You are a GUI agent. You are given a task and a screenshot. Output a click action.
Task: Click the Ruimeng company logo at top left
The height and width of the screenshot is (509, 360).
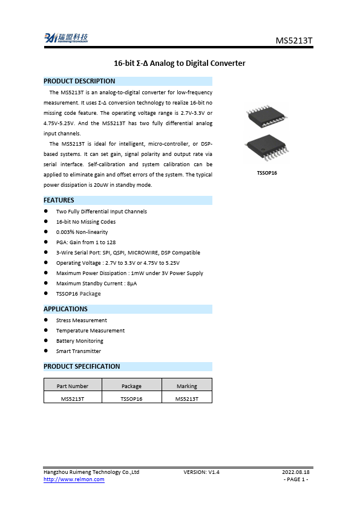pyautogui.click(x=66, y=38)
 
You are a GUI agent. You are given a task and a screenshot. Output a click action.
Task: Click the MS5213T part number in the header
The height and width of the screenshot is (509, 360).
pyautogui.click(x=294, y=41)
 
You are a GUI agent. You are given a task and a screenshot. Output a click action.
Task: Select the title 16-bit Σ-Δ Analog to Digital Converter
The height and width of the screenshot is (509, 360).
pyautogui.click(x=180, y=63)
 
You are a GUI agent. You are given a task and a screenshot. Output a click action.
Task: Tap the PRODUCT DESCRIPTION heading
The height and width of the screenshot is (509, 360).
pyautogui.click(x=79, y=81)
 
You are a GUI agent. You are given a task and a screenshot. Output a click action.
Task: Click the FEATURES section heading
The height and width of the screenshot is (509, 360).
pyautogui.click(x=59, y=200)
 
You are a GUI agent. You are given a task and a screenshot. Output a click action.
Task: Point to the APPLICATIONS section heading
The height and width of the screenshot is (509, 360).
pyautogui.click(x=65, y=309)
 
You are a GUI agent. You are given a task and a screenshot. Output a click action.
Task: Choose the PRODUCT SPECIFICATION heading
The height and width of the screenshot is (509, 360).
pyautogui.click(x=82, y=366)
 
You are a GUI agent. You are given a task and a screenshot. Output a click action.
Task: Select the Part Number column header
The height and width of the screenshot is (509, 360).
pyautogui.click(x=73, y=386)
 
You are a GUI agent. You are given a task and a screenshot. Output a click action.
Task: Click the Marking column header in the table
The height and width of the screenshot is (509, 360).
pyautogui.click(x=187, y=386)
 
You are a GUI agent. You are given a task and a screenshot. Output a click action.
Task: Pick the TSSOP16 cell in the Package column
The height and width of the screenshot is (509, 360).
pyautogui.click(x=131, y=399)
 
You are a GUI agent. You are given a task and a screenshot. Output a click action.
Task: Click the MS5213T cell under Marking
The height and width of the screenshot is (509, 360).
pyautogui.click(x=187, y=399)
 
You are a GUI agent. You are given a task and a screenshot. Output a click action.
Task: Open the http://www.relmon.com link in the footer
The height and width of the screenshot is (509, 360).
pyautogui.click(x=74, y=479)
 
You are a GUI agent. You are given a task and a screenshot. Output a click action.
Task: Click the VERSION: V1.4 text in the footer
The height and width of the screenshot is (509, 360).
pyautogui.click(x=201, y=472)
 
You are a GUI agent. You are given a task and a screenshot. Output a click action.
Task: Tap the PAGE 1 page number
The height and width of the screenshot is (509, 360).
pyautogui.click(x=296, y=479)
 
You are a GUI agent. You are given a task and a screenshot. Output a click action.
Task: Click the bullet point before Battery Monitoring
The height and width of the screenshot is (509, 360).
pyautogui.click(x=47, y=341)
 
